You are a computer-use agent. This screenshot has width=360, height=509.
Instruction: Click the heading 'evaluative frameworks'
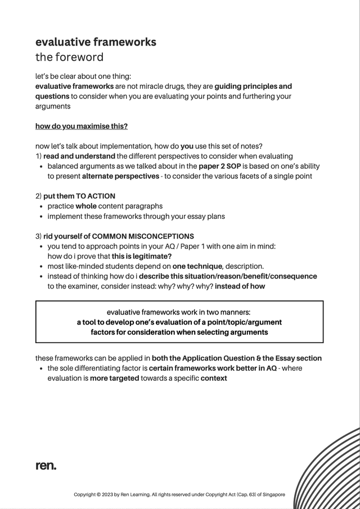tap(96, 42)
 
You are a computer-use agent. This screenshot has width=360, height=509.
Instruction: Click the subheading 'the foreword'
tap(69, 57)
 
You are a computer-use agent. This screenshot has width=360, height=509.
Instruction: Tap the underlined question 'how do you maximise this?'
tap(82, 126)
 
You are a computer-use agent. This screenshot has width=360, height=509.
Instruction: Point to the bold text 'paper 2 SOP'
tap(220, 166)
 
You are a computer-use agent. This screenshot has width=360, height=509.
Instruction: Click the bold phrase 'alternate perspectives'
tap(120, 176)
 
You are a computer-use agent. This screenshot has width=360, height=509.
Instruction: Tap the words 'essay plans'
tap(205, 217)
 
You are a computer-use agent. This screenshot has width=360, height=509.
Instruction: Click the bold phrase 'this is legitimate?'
tap(142, 256)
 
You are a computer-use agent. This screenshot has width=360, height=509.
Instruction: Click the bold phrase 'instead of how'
tap(240, 286)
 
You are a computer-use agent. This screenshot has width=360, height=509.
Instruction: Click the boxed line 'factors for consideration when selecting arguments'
tap(179, 332)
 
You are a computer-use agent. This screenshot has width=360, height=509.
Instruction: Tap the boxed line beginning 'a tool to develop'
tap(179, 322)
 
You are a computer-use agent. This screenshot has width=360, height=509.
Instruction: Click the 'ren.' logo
tap(46, 466)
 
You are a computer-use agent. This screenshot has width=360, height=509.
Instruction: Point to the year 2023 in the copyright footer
tap(110, 495)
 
